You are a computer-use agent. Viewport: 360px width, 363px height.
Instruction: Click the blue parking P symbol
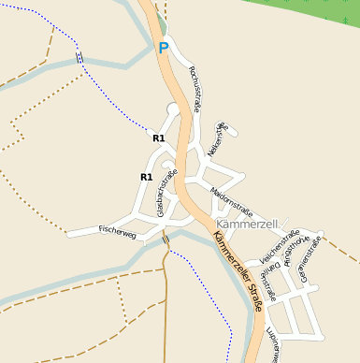click(x=164, y=48)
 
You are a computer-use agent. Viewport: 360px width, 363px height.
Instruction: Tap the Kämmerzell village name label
click(x=249, y=225)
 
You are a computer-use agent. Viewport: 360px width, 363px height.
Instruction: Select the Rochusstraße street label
click(x=195, y=89)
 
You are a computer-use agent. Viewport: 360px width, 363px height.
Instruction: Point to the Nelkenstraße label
click(x=217, y=138)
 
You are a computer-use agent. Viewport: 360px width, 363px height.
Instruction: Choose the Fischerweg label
click(x=117, y=230)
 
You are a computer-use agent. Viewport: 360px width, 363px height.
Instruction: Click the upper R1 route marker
click(x=158, y=138)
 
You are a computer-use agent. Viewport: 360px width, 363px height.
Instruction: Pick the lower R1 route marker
click(x=146, y=177)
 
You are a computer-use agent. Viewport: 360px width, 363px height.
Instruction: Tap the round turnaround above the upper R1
click(x=172, y=109)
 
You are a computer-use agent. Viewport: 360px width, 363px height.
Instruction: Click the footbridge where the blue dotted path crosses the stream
click(x=79, y=58)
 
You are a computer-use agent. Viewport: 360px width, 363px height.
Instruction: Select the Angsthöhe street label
click(x=296, y=249)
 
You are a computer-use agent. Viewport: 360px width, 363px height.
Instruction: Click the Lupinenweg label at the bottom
click(x=271, y=343)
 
